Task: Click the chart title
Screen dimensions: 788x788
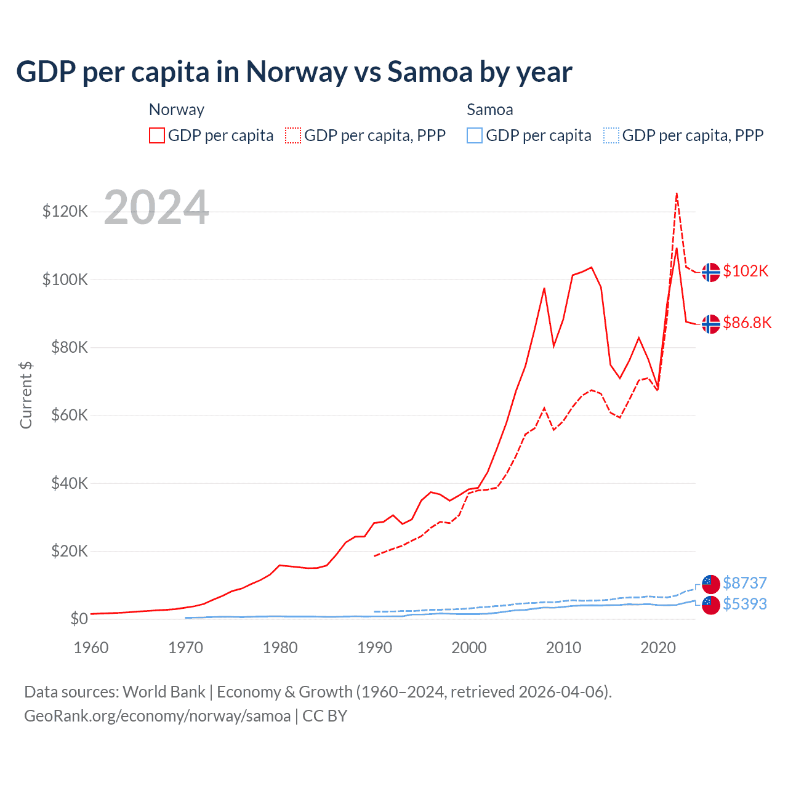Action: [x=294, y=72]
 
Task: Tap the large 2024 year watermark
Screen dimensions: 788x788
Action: [x=156, y=207]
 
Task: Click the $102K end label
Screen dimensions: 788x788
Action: [x=746, y=271]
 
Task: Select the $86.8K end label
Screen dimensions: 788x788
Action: [x=747, y=323]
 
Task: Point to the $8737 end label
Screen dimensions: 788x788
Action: [x=745, y=583]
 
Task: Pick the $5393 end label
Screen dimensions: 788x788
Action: [x=745, y=604]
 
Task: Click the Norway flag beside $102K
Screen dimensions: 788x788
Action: [x=711, y=271]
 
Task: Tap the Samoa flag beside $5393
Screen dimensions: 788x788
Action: [x=711, y=605]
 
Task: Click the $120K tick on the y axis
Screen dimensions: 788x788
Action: [x=65, y=212]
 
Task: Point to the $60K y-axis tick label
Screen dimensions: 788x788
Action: [x=69, y=415]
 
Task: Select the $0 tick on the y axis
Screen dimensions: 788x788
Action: [x=79, y=619]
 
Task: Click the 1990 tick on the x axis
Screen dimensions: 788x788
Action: [x=374, y=648]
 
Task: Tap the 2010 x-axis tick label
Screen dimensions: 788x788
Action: [x=563, y=648]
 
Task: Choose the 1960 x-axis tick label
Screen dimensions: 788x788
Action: [x=91, y=648]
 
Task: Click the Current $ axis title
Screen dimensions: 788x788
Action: [x=26, y=395]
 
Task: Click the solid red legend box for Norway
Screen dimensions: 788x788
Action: [x=157, y=135]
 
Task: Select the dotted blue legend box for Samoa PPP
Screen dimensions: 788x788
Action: [x=611, y=135]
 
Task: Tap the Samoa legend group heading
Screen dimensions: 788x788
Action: [x=489, y=110]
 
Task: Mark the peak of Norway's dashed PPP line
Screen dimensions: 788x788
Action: [x=677, y=193]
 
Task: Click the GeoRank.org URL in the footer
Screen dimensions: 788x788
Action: [x=157, y=716]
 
